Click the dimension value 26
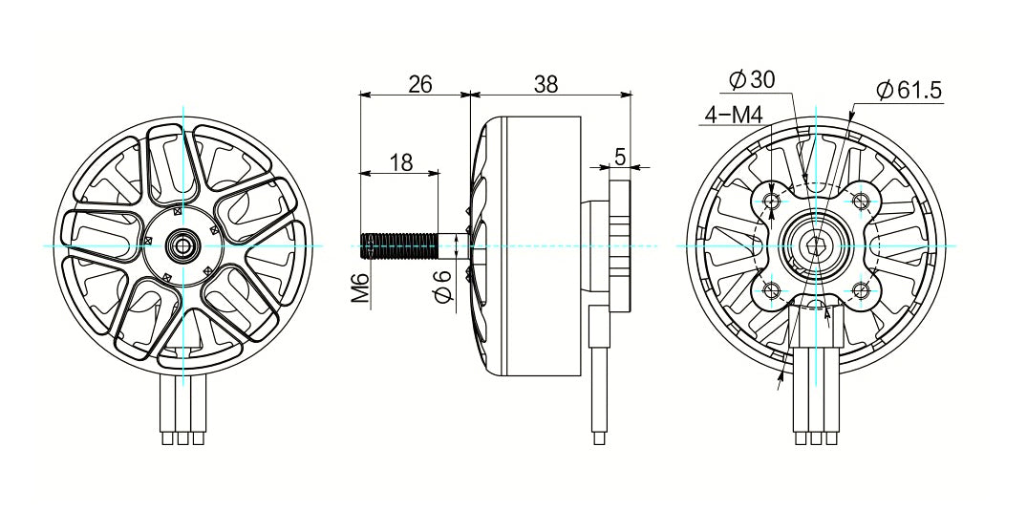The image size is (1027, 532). tap(419, 84)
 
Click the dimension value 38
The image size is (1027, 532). tap(546, 84)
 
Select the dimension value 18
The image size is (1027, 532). tap(401, 162)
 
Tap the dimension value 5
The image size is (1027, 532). tap(620, 158)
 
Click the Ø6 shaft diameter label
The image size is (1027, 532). tap(442, 287)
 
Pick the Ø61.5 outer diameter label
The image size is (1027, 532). tap(909, 91)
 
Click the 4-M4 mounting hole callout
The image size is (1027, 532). tap(733, 116)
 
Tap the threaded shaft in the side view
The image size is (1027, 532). tap(398, 246)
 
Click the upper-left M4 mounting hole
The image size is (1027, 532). tap(772, 201)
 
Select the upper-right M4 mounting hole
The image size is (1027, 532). tap(862, 201)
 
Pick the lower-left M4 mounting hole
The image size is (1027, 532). tap(772, 290)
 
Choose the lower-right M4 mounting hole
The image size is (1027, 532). tap(862, 290)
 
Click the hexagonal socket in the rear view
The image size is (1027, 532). tap(817, 246)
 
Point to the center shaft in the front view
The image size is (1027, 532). tap(182, 245)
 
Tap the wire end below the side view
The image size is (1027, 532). tap(599, 438)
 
